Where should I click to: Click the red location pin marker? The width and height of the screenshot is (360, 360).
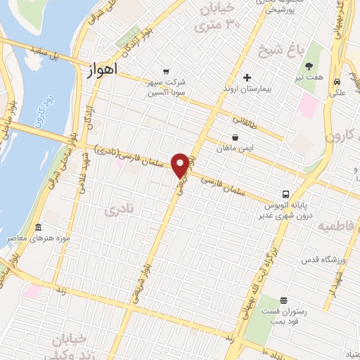point(181,165)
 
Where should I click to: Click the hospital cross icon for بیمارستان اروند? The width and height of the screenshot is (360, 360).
point(247,78)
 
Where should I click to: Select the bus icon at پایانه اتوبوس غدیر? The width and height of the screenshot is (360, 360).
point(285,193)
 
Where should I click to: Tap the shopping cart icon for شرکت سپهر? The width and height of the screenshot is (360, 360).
point(165,71)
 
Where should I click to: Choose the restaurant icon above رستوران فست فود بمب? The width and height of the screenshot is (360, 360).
point(283,300)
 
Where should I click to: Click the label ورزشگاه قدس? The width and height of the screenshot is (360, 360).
point(320,260)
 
